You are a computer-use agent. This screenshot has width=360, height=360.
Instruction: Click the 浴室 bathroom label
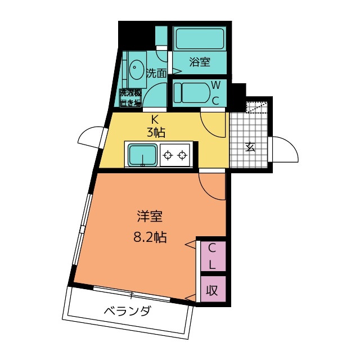pyautogui.click(x=199, y=62)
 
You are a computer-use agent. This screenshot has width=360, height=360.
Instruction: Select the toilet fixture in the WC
pyautogui.click(x=190, y=92)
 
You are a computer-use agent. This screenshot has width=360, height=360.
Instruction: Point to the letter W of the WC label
pyautogui.click(x=215, y=85)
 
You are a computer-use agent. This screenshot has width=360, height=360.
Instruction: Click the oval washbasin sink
pyautogui.click(x=136, y=71)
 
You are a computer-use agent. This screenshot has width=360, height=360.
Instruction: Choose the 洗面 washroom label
pyautogui.click(x=156, y=73)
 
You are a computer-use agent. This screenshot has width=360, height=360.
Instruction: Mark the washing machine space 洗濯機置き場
pyautogui.click(x=129, y=97)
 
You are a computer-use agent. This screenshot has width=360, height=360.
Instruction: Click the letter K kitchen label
pyautogui.click(x=154, y=119)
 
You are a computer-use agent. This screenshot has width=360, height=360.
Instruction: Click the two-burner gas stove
pyautogui.click(x=174, y=154)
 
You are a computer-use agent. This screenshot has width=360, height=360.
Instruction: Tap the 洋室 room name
pyautogui.click(x=150, y=217)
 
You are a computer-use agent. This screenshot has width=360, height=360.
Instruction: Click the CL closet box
pyautogui.click(x=213, y=256)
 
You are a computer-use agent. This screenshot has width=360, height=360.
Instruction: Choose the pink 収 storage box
pyautogui.click(x=213, y=290)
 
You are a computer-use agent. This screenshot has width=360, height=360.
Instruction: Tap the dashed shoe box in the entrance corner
pyautogui.click(x=259, y=105)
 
